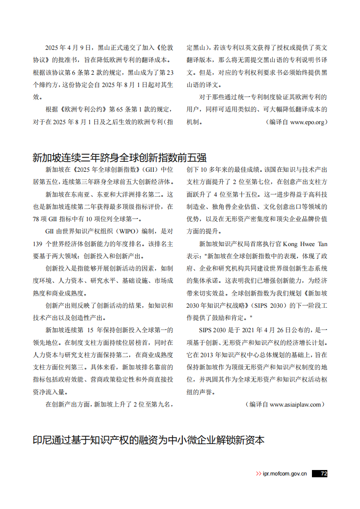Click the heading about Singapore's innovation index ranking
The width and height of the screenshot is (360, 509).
pyautogui.click(x=119, y=158)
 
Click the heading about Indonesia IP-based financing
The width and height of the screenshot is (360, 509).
pyautogui.click(x=148, y=440)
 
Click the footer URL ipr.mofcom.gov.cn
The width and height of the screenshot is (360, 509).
pyautogui.click(x=285, y=474)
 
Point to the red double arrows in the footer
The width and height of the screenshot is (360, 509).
pyautogui.click(x=258, y=474)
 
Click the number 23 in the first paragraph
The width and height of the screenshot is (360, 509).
pyautogui.click(x=170, y=72)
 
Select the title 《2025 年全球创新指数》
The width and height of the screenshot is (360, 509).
pyautogui.click(x=107, y=170)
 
